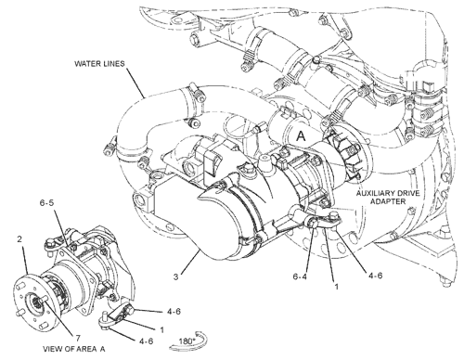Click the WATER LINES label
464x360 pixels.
click(x=99, y=64)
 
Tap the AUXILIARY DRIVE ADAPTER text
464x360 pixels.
click(x=388, y=198)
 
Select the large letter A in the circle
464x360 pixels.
click(x=301, y=136)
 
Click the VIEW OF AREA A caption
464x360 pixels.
click(x=74, y=349)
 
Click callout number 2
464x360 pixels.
click(x=19, y=239)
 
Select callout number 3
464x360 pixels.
click(x=175, y=276)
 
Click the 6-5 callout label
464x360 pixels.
click(x=46, y=202)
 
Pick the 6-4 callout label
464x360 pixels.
click(x=300, y=276)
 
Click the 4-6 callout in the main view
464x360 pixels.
click(x=375, y=275)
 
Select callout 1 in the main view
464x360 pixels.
click(x=337, y=287)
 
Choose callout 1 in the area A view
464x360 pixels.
click(x=161, y=330)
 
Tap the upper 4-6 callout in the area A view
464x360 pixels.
click(x=174, y=312)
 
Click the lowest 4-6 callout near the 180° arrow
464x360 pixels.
click(x=146, y=341)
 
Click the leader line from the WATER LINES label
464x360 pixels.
click(x=135, y=83)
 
